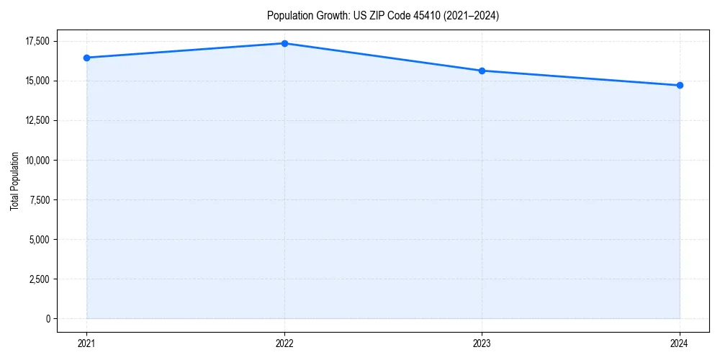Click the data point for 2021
coord(86,58)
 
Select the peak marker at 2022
coord(284,43)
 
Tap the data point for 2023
coord(482,71)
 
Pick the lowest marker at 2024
coord(680,86)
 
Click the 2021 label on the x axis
coord(86,343)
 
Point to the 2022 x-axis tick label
coord(284,343)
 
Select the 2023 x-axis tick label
coord(482,343)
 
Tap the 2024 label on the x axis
coord(680,343)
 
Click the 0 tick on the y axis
coord(48,318)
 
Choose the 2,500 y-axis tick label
coord(39,279)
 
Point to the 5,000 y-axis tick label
coord(39,239)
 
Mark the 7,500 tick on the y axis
coord(39,199)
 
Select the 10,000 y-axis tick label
coord(37,160)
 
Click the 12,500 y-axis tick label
coord(37,120)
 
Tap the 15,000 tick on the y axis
coord(37,81)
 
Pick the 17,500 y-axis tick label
coord(37,41)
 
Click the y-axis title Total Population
coord(14,181)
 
